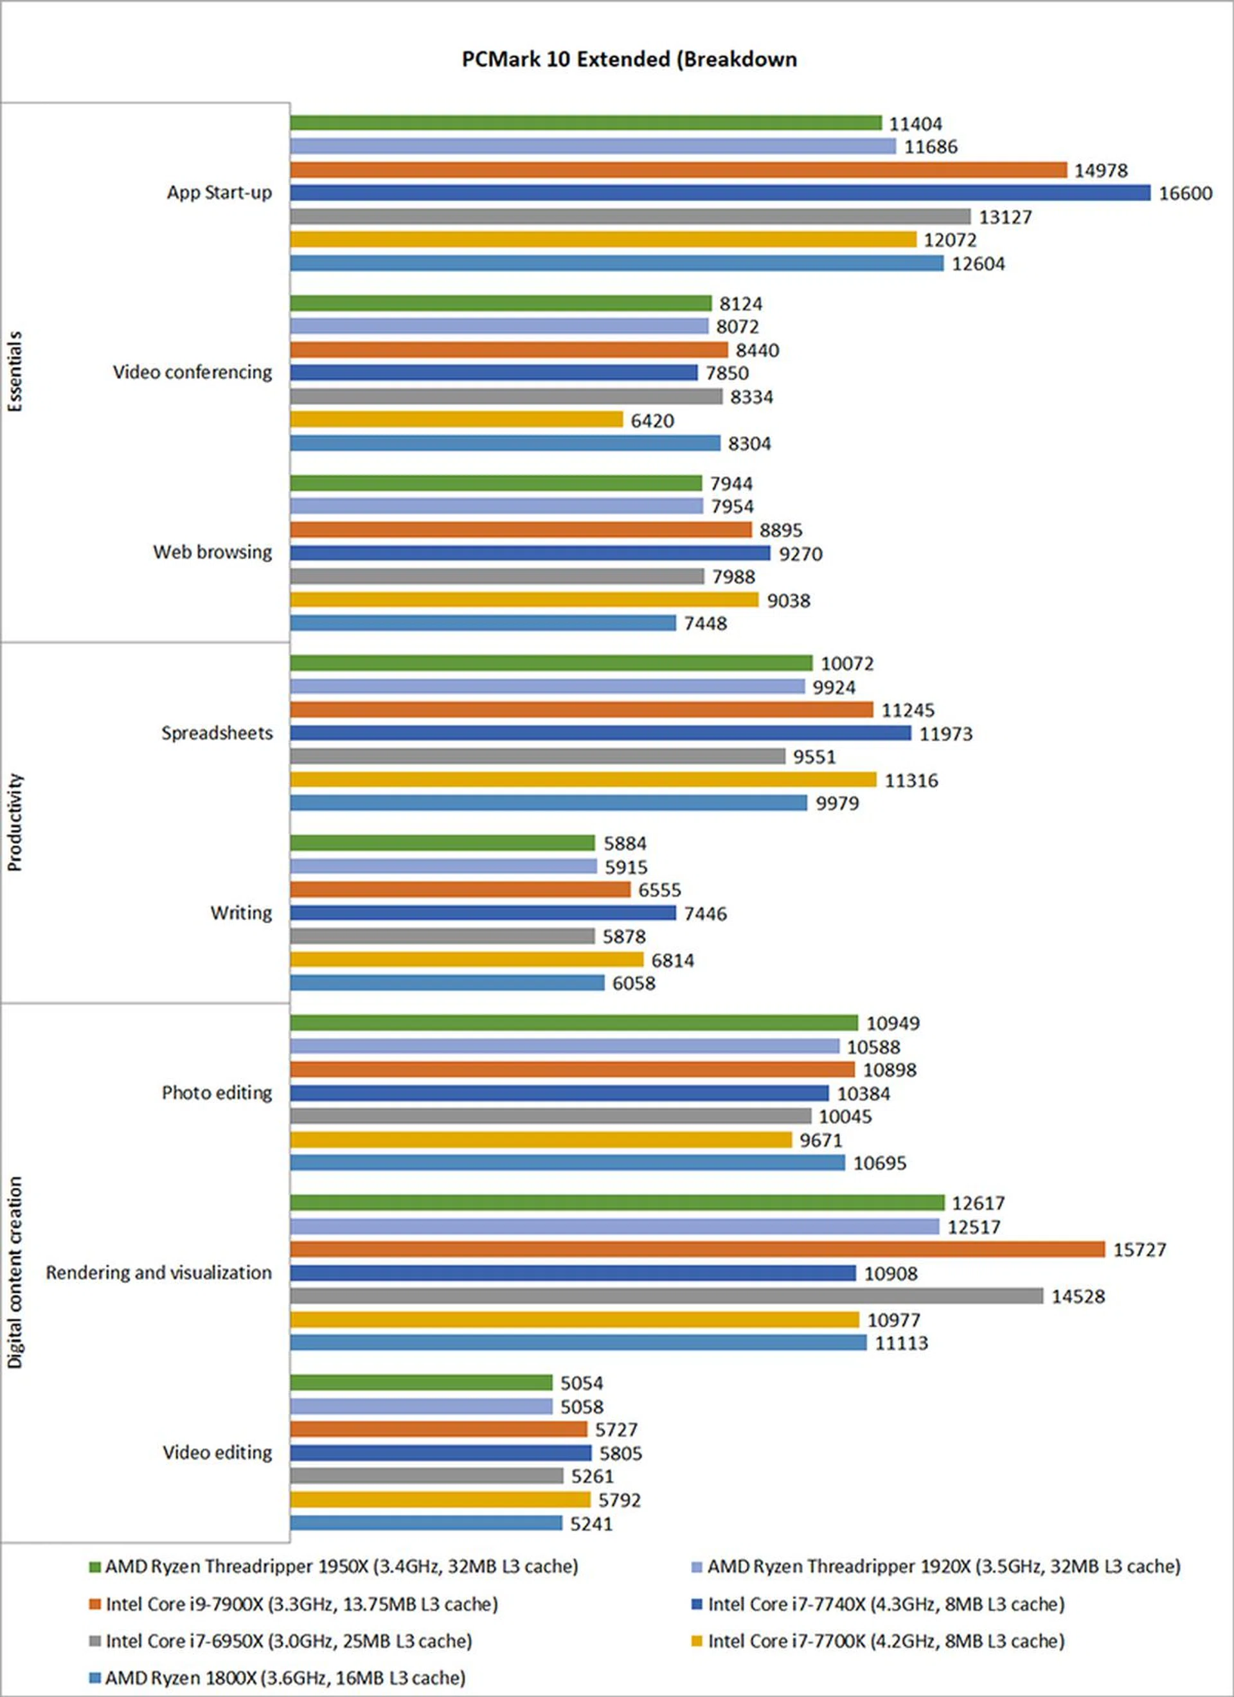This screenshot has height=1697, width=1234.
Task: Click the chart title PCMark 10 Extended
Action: coord(629,59)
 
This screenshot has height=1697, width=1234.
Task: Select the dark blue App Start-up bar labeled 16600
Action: coord(720,193)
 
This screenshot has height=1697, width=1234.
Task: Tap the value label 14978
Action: coord(1100,170)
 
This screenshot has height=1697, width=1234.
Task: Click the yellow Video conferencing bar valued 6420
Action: coord(456,420)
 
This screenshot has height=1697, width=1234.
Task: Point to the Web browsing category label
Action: coord(213,552)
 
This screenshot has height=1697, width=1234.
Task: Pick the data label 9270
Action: coord(800,553)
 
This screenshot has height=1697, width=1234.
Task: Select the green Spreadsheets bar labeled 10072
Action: coord(551,663)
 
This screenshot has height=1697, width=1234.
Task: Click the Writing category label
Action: coord(241,913)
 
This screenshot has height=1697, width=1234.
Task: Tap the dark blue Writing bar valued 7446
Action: coord(483,913)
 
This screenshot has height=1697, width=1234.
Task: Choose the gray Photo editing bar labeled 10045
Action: coord(551,1117)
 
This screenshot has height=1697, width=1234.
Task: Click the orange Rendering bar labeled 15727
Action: coord(697,1250)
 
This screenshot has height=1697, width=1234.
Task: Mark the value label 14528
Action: coord(1078,1297)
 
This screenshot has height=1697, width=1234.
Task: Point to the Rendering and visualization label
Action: coord(159,1273)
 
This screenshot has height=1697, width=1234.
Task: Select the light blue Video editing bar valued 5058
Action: coord(422,1406)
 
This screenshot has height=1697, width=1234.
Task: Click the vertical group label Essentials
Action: coord(15,372)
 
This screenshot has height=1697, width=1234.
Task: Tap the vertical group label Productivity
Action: coord(15,822)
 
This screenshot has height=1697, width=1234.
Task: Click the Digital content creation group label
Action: coord(15,1273)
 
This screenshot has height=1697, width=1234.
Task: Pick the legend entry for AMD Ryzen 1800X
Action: coord(284,1678)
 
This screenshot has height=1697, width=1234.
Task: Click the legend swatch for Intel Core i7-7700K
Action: coord(697,1642)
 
